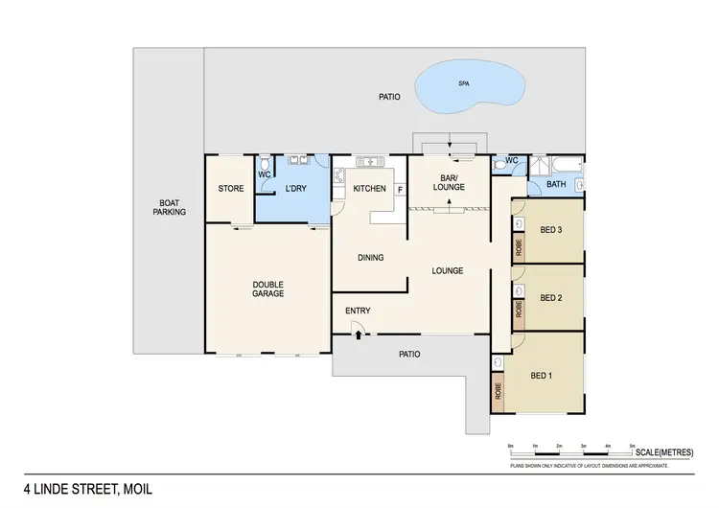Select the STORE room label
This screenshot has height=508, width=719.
coord(230,188)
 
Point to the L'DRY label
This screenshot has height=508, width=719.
coord(294,189)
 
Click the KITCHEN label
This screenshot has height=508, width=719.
coord(369,189)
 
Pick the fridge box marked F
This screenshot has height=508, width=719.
coord(400,190)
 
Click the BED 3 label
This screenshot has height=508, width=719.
coord(550,230)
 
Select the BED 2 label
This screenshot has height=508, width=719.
coord(550,298)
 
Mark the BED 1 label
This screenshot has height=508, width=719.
coord(542,375)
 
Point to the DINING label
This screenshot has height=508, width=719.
coord(370,257)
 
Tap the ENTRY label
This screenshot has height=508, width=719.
coord(359,311)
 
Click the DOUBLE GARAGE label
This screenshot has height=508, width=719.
coord(267,289)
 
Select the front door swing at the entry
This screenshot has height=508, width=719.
coord(357,332)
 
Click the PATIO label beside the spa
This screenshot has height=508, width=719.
coord(388,98)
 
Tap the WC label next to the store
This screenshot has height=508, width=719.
coord(264,173)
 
